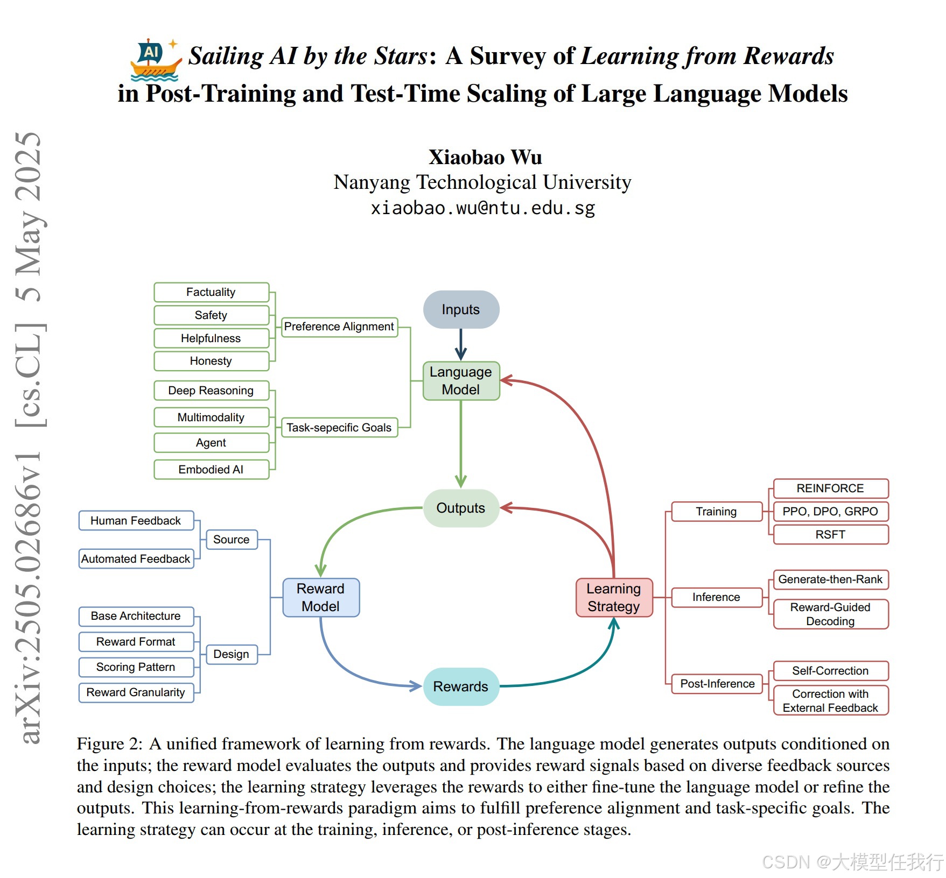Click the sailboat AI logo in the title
(155, 60)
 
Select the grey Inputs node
(461, 309)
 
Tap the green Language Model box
(461, 380)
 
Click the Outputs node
(461, 508)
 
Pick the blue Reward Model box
(321, 597)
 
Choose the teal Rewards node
(461, 686)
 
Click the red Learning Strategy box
(614, 597)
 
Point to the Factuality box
(211, 292)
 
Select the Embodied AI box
(211, 469)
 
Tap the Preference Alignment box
(339, 327)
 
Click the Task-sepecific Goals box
(339, 428)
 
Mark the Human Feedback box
(136, 521)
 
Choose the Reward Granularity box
(136, 692)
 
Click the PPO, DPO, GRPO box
(830, 512)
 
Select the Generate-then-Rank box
(830, 579)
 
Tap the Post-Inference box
(717, 684)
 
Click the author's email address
(483, 208)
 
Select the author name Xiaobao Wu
(485, 157)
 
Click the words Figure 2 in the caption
(109, 744)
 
